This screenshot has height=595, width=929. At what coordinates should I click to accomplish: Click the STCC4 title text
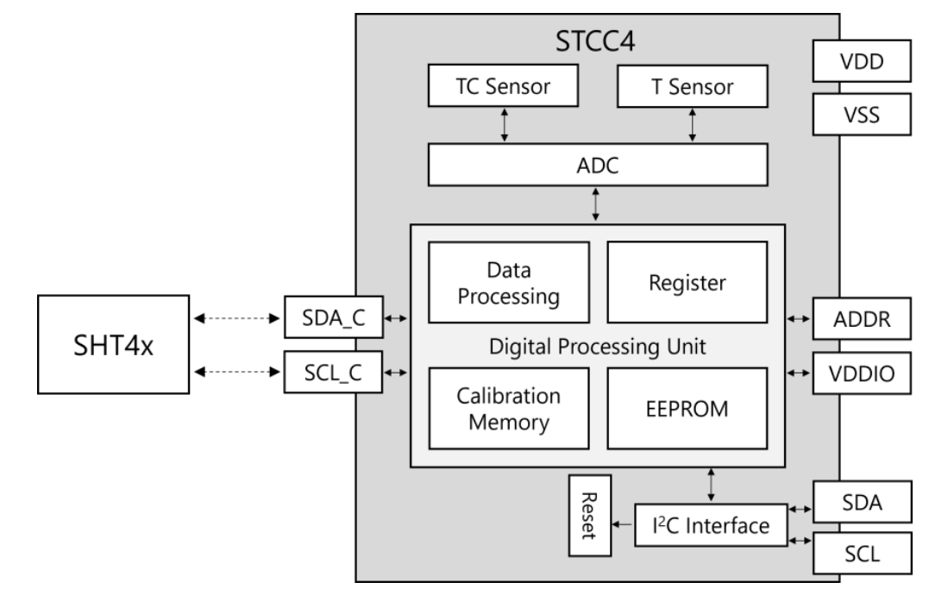pyautogui.click(x=597, y=41)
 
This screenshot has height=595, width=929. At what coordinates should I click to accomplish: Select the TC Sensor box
pyautogui.click(x=504, y=86)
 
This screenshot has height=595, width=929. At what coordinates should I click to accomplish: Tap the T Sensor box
pyautogui.click(x=692, y=86)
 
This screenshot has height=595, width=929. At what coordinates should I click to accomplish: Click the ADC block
pyautogui.click(x=597, y=164)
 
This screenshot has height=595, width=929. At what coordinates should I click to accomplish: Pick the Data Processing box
pyautogui.click(x=509, y=281)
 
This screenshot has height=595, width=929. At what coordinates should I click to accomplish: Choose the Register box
pyautogui.click(x=687, y=281)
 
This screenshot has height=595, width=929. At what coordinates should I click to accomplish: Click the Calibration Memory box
pyautogui.click(x=509, y=407)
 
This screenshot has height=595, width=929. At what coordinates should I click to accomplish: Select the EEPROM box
pyautogui.click(x=687, y=407)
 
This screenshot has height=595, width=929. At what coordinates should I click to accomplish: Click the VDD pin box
pyautogui.click(x=861, y=62)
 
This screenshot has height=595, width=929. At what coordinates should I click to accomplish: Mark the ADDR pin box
pyautogui.click(x=861, y=320)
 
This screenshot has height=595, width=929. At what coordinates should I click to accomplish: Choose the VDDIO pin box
pyautogui.click(x=861, y=374)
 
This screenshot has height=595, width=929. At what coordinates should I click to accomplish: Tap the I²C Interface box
pyautogui.click(x=711, y=524)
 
